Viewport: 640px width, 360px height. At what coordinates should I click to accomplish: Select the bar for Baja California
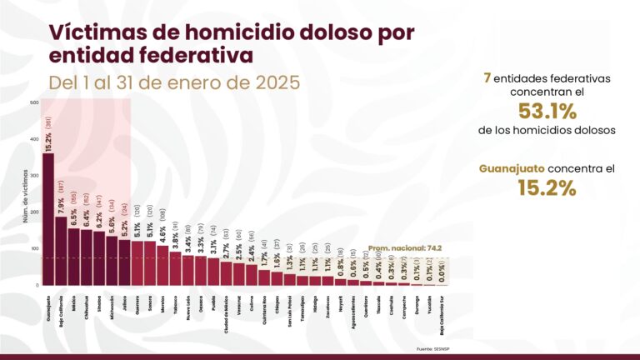pos(61,251)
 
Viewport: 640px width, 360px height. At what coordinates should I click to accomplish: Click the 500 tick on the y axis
pos(34,102)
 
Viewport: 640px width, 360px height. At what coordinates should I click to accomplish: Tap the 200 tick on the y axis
pos(34,212)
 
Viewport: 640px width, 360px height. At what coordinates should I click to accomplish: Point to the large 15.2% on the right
pos(547,188)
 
